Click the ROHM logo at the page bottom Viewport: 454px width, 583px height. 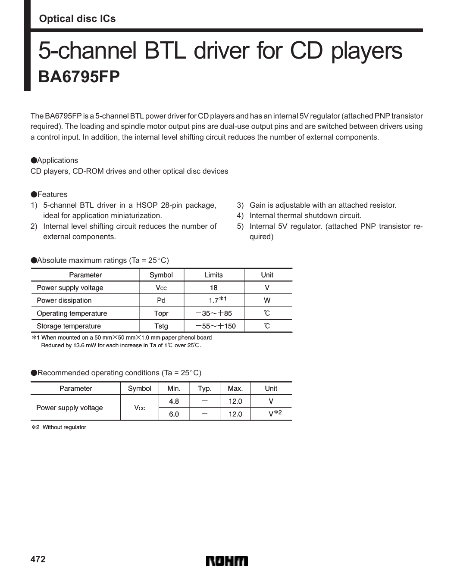point(227,561)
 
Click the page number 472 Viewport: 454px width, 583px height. point(38,559)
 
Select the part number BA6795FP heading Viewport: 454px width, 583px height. point(79,77)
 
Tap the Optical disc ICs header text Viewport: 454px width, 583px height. point(77,19)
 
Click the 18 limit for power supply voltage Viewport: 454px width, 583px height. point(213,288)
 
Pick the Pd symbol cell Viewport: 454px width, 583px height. point(161,300)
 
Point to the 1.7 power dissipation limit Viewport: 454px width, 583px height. point(214,300)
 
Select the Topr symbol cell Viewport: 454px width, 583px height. point(161,313)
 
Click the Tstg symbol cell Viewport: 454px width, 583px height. point(161,326)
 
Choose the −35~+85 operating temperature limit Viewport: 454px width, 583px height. point(214,313)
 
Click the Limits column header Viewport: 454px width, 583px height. point(213,275)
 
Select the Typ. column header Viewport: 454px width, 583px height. point(204,388)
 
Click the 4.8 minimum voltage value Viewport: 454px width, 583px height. point(174,401)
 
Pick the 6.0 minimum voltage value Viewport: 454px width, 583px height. point(174,414)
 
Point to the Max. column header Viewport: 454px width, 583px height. point(235,388)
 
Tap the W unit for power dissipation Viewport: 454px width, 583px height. point(267,300)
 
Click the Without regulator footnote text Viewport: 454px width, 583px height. point(64,427)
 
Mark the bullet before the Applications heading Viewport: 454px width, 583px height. point(34,160)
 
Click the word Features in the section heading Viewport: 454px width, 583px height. point(52,194)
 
